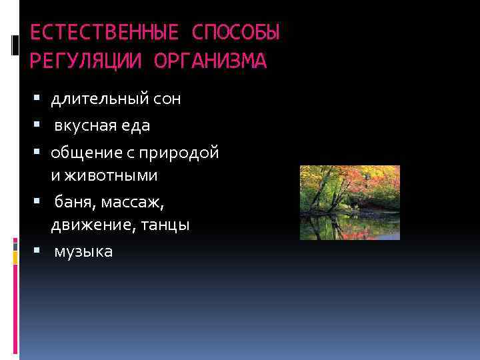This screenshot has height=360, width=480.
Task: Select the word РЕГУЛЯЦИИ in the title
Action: pyautogui.click(x=86, y=61)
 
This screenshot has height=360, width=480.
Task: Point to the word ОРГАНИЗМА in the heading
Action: pyautogui.click(x=210, y=61)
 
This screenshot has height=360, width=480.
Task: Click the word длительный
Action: pyautogui.click(x=100, y=99)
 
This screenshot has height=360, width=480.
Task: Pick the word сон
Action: pyautogui.click(x=167, y=99)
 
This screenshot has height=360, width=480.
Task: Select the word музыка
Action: pyautogui.click(x=83, y=251)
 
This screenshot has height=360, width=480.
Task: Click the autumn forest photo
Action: pyautogui.click(x=349, y=203)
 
